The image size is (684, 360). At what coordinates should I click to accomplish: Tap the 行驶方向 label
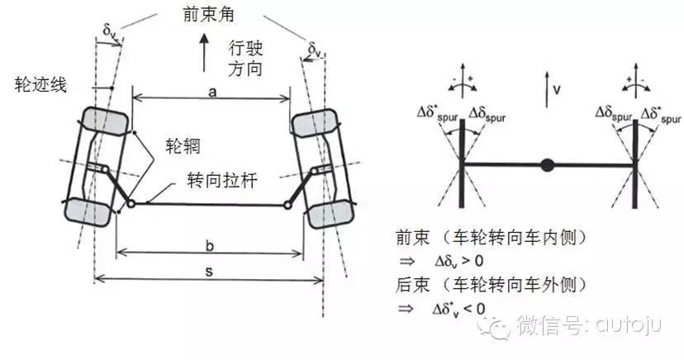pos(244,60)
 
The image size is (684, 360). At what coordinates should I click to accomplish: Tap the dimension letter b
pos(211,246)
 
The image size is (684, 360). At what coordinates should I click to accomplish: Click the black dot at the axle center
pos(546,164)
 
